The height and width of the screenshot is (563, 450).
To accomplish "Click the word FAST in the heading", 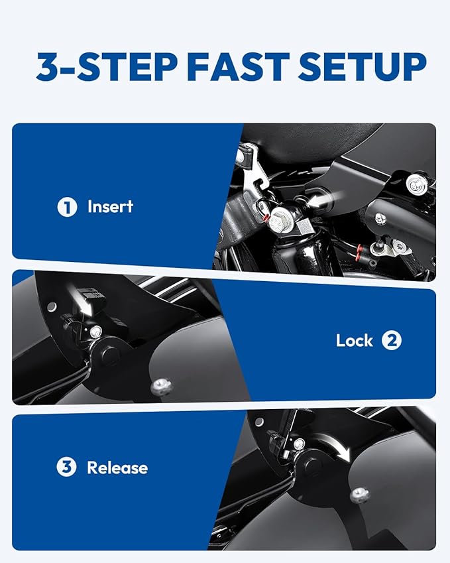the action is (x=238, y=67).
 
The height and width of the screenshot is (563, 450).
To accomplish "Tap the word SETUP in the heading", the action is (x=362, y=67).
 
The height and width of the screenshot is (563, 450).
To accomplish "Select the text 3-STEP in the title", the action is (x=107, y=67).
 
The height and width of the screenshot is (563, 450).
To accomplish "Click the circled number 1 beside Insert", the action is (x=67, y=207).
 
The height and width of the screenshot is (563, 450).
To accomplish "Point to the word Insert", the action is (x=111, y=206).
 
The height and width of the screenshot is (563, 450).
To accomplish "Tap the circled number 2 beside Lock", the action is (x=392, y=340).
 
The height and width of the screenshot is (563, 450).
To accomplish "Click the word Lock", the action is (x=354, y=340).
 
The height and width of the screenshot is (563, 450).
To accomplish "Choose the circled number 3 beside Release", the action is (x=66, y=467).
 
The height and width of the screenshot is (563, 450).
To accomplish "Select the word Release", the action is (x=117, y=468).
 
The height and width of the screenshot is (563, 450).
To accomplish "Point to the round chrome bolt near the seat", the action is (x=417, y=184).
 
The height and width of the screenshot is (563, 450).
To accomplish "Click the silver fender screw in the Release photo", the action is (x=360, y=495).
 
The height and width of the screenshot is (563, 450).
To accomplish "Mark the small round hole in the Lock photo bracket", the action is (x=52, y=306).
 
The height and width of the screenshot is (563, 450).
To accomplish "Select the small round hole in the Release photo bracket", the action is (x=259, y=422).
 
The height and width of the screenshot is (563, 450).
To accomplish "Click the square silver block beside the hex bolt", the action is (x=304, y=227).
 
